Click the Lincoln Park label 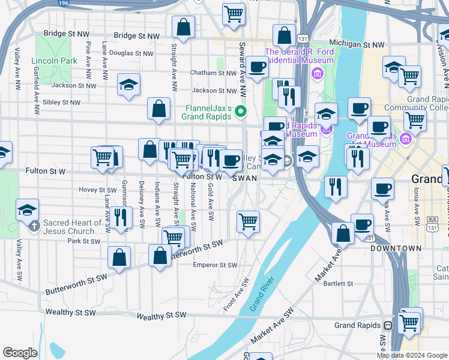(x=54, y=61)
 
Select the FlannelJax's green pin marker (x=241, y=112)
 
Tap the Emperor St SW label (x=215, y=265)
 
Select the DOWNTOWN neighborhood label (x=396, y=248)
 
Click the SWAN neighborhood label (x=245, y=178)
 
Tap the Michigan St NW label (x=357, y=44)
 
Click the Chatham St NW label (x=213, y=73)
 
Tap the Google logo (x=20, y=353)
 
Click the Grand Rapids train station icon (x=388, y=326)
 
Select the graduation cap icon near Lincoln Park (x=128, y=85)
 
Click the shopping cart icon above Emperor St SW (x=248, y=221)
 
